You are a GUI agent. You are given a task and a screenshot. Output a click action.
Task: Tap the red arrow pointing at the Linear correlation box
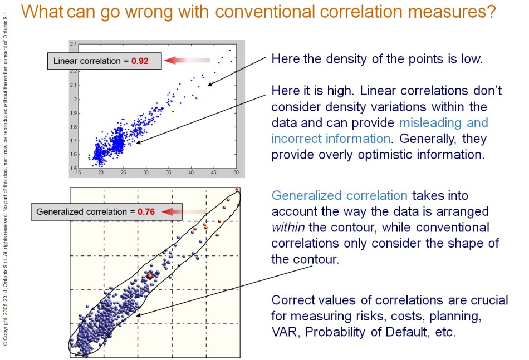click(189, 61)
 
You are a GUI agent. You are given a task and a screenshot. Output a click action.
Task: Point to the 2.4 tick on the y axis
click(73, 43)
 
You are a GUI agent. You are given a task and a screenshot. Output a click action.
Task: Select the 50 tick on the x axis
click(236, 173)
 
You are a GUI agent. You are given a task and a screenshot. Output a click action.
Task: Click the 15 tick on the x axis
click(79, 173)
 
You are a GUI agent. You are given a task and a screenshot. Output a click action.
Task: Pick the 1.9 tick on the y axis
click(73, 112)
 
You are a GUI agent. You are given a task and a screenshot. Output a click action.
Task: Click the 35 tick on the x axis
click(168, 173)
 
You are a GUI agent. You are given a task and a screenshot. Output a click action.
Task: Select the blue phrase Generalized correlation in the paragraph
click(339, 196)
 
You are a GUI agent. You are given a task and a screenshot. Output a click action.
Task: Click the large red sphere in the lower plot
click(149, 276)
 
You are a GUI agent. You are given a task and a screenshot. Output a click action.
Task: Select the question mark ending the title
click(489, 13)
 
